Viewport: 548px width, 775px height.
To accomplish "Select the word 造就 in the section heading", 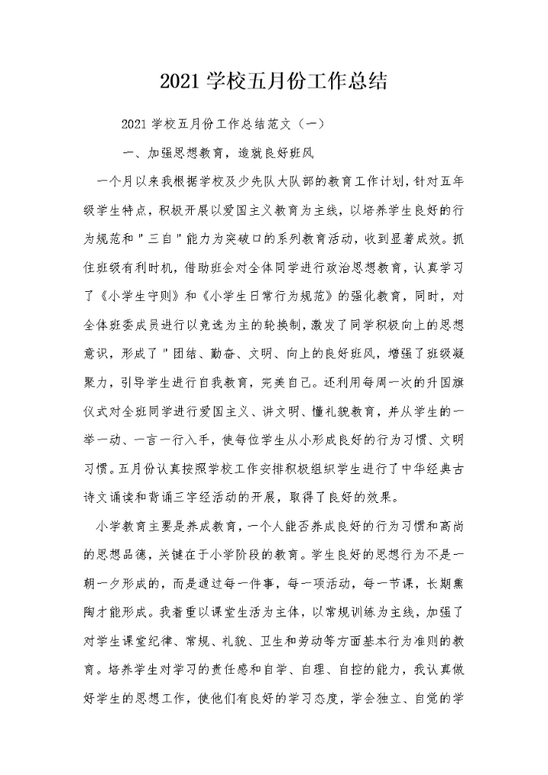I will pyautogui.click(x=250, y=152).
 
